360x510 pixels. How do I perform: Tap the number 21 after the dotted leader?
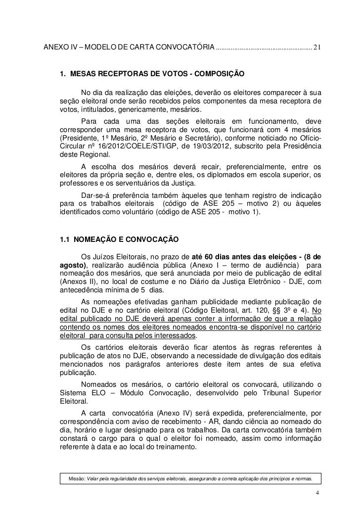[317, 48]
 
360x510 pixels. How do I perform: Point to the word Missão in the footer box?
[76, 479]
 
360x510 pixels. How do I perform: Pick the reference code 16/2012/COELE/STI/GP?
[129, 145]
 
